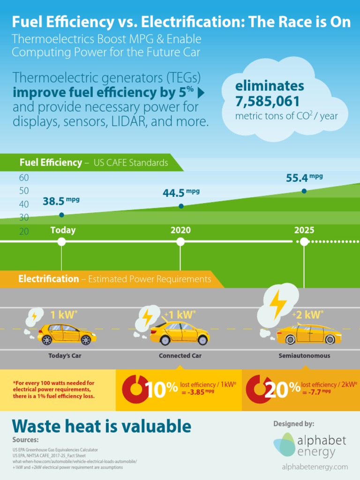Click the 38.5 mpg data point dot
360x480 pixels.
coord(61,215)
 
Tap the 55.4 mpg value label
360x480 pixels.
coord(304,178)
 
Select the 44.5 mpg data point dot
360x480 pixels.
coord(181,206)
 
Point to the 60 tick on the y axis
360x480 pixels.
coord(24,178)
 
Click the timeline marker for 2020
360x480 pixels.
coord(180,241)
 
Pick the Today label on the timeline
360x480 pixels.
coord(63,230)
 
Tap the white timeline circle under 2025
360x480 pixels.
coord(304,241)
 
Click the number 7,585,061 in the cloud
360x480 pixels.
coord(267,101)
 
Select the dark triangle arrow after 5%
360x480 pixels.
coord(201,93)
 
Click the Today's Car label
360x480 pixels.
coord(65,356)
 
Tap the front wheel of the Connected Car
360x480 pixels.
coord(202,340)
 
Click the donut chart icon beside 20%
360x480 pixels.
coord(256,389)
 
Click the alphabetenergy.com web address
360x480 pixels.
coord(315,466)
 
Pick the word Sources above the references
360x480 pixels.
coord(26,440)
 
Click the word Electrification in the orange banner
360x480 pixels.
coord(49,279)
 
